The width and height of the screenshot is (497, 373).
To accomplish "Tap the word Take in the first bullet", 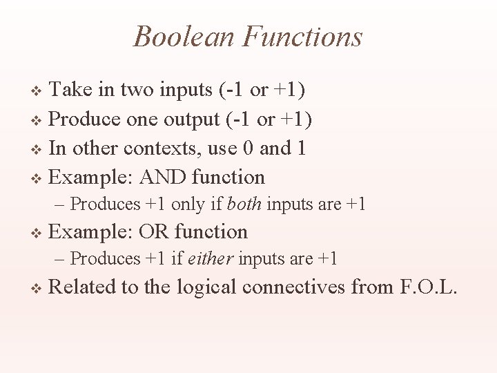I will coord(73,90).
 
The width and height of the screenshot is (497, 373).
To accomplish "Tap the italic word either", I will coord(212,259).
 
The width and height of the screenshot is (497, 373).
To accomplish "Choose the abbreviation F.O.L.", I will coord(428,286).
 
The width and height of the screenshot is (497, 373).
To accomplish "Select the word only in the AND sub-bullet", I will coord(187,204).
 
